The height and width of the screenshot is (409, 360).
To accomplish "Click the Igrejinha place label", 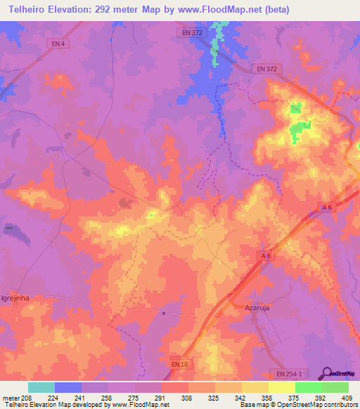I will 19,297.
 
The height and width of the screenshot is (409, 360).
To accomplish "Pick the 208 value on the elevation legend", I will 27,397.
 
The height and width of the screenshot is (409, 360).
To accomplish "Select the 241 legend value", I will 81,397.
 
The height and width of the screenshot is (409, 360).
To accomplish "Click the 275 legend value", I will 134,397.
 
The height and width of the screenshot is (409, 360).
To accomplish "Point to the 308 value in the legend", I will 188,397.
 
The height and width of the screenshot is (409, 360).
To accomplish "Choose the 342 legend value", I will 241,397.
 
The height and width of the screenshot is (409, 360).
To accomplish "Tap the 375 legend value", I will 295,397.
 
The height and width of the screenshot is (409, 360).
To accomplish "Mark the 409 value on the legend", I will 348,397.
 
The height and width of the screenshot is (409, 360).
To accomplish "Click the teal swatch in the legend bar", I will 41,387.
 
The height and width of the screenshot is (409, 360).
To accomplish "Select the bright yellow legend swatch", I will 281,387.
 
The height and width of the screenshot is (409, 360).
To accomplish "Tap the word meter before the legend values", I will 9,397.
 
